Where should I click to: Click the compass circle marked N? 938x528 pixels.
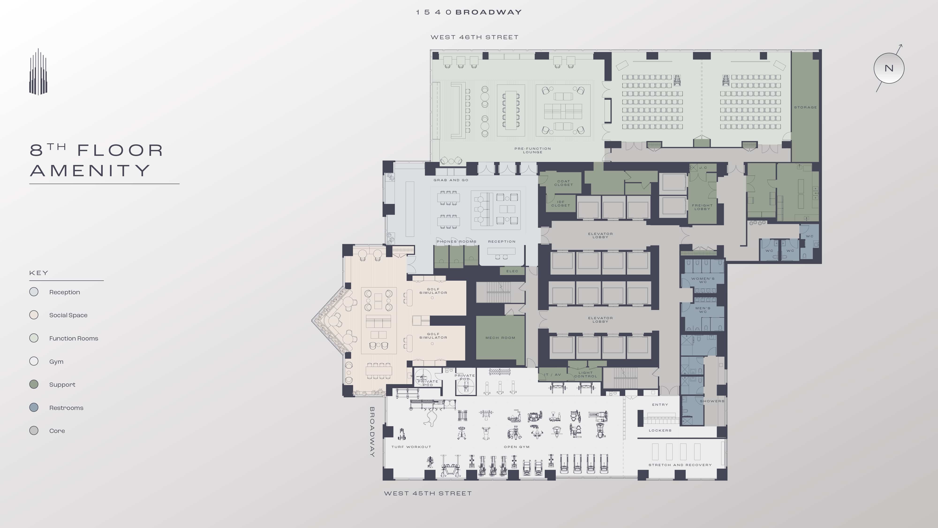(889, 68)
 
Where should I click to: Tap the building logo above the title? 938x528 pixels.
(38, 72)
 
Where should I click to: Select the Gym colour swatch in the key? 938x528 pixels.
(34, 361)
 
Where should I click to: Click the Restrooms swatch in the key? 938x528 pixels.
(34, 407)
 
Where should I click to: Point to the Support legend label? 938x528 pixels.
(62, 384)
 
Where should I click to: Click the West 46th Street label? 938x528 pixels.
(474, 37)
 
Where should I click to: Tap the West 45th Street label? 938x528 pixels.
(428, 493)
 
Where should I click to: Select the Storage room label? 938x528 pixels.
(805, 107)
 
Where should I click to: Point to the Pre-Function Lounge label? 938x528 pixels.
(532, 150)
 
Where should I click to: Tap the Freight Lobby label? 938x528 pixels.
(702, 207)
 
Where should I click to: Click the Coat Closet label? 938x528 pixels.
(563, 183)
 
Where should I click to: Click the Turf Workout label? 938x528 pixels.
(411, 447)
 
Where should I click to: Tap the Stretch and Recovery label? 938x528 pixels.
(680, 465)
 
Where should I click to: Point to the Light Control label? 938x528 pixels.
(586, 374)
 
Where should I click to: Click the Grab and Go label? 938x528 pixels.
(451, 180)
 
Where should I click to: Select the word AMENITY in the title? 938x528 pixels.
(90, 171)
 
